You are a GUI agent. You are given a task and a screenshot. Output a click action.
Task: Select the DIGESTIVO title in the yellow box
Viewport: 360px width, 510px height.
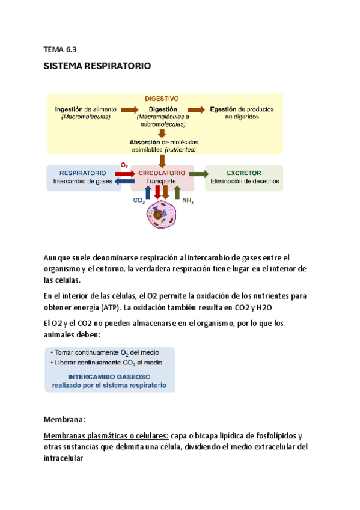point(162,99)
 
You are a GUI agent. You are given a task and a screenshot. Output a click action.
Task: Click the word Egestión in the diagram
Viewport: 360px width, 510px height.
point(224,109)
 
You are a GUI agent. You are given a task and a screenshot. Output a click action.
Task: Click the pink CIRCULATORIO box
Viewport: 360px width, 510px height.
point(162,176)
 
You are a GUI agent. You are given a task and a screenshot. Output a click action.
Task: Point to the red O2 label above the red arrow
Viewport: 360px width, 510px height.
point(124,164)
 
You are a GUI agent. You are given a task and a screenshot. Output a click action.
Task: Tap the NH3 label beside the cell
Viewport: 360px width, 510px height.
point(188,202)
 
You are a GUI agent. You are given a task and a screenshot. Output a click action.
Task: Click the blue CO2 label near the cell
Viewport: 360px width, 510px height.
point(139,203)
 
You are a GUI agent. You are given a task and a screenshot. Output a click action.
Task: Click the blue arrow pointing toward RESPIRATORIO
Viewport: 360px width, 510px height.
point(124,180)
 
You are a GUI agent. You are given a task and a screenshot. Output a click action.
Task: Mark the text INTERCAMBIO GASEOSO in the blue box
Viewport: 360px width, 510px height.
point(109,376)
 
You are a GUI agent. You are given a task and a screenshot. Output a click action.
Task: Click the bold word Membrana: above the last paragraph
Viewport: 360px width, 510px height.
point(66,419)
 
